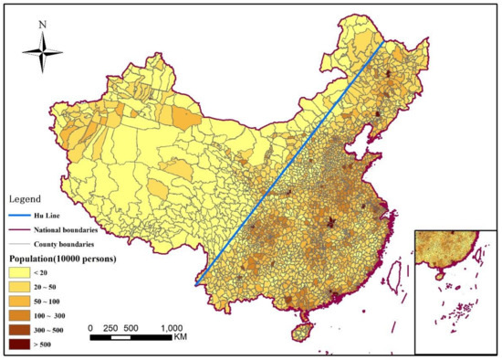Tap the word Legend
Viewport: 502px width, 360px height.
tap(26, 198)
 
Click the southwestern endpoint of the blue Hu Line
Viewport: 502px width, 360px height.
tap(195, 286)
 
